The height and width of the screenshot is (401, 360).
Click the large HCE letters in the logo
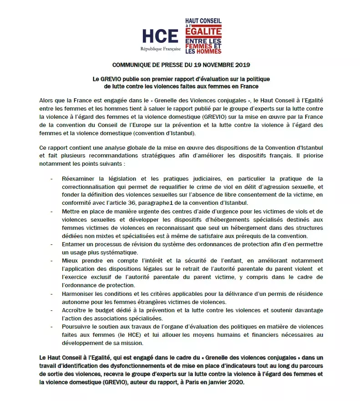pos(160,36)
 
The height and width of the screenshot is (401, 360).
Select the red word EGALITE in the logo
pos(203,31)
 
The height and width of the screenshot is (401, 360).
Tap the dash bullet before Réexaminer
pos(52,178)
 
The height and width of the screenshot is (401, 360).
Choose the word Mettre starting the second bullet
pos(72,212)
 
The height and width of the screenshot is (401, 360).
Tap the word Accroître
pos(76,310)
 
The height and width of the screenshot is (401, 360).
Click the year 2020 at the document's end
pos(234,382)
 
